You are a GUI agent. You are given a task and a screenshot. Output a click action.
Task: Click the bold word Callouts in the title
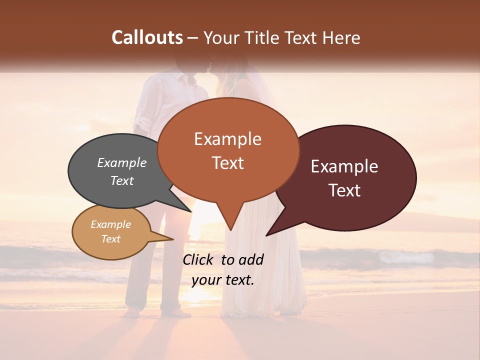pyautogui.click(x=147, y=37)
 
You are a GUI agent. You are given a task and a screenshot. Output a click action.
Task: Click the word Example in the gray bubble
pyautogui.click(x=122, y=163)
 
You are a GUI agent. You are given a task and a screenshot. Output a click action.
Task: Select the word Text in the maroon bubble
pyautogui.click(x=344, y=190)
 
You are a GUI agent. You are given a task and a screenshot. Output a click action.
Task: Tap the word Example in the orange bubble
pyautogui.click(x=228, y=139)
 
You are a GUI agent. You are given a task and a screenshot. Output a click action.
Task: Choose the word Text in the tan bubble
pyautogui.click(x=111, y=239)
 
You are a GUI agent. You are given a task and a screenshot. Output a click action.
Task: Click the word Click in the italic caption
pyautogui.click(x=199, y=259)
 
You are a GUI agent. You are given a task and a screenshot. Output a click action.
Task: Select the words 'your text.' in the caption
pyautogui.click(x=223, y=280)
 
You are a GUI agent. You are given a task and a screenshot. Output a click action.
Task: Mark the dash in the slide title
pyautogui.click(x=193, y=38)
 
